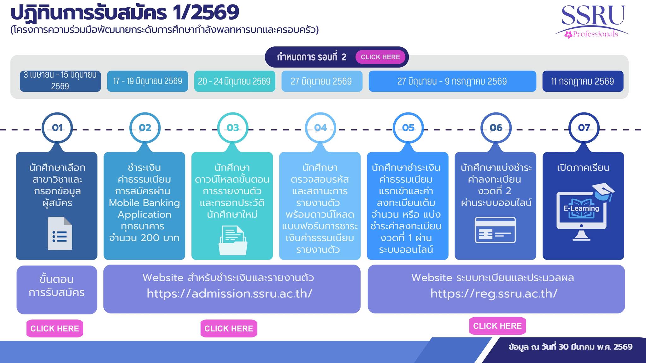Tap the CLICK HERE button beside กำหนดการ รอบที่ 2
point(380,57)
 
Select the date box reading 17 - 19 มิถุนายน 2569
point(147,81)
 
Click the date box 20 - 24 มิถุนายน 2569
point(234,81)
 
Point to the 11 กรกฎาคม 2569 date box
point(583,81)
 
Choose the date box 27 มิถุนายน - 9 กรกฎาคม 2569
point(452,81)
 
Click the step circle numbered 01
point(57,128)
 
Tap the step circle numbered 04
point(320,128)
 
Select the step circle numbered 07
point(584,128)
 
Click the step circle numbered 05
point(408,128)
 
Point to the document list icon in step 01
point(60,234)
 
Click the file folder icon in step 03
point(233,240)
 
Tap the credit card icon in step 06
point(495,230)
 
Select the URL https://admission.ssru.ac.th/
point(230,294)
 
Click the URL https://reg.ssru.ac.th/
point(494,294)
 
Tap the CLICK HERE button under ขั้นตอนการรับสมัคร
point(55,328)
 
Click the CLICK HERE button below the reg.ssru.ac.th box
point(497,326)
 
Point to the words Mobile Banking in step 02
point(144,203)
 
